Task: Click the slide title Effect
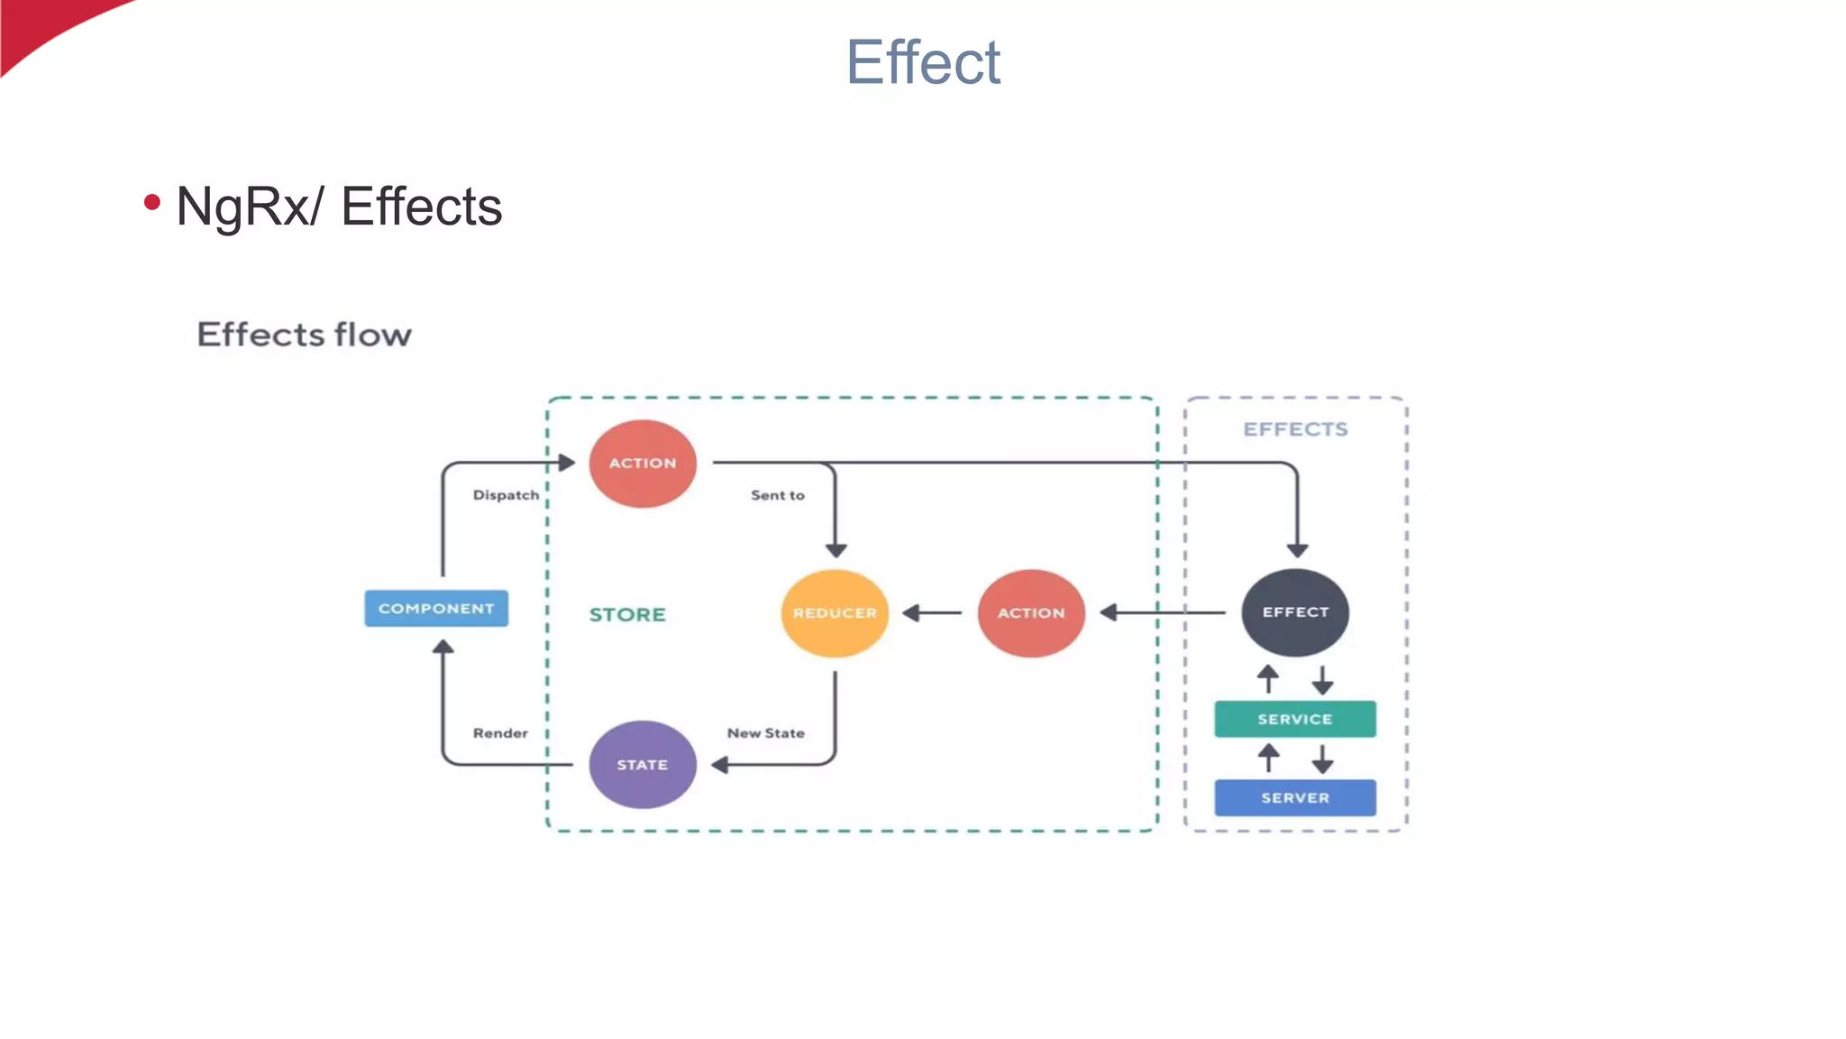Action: click(922, 63)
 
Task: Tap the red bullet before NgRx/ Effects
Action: click(152, 203)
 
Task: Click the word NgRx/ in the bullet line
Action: click(249, 207)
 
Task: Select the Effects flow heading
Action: click(304, 335)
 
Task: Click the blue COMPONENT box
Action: click(436, 609)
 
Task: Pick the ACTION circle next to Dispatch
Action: click(643, 463)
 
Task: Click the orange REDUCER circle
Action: click(835, 613)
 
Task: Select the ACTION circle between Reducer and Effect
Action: click(1031, 613)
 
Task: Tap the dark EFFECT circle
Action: click(1295, 612)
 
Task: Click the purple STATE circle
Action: click(643, 765)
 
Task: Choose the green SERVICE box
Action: click(1294, 719)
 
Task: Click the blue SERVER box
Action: click(1294, 797)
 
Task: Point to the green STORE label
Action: click(627, 615)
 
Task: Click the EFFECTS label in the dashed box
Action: click(1295, 429)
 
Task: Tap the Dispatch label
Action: click(506, 495)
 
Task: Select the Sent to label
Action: click(777, 495)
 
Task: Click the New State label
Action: click(765, 733)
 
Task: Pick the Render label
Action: click(500, 733)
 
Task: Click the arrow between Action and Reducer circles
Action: click(932, 613)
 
